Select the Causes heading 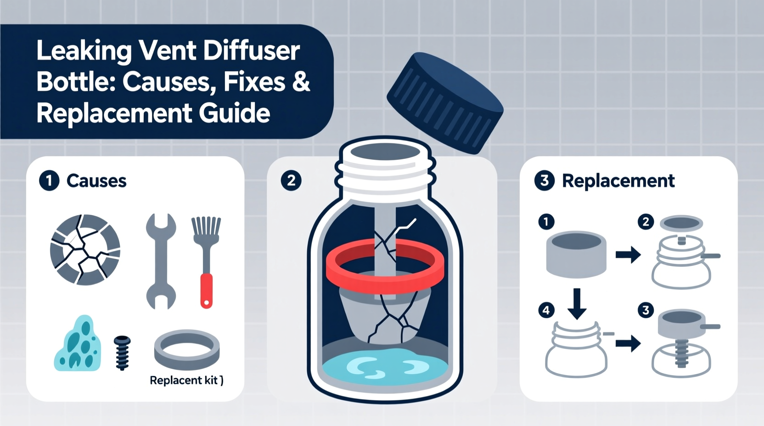point(96,181)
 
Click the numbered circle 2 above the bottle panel point(291,180)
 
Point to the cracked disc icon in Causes point(85,249)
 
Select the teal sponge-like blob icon point(78,344)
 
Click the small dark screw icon point(122,353)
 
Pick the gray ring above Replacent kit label point(187,350)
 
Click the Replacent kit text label point(186,380)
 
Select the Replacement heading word point(618,181)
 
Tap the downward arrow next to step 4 point(577,303)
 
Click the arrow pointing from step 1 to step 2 point(628,254)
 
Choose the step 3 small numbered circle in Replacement point(646,310)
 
